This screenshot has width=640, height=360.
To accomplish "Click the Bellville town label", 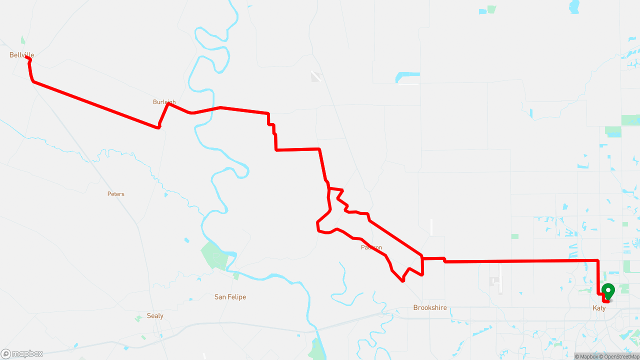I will click(21, 55).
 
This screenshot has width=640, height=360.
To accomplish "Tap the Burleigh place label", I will click(164, 102).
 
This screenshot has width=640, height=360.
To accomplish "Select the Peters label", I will click(115, 194).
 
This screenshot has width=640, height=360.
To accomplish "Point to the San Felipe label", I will click(230, 297).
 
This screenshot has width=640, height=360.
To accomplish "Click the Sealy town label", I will click(155, 316).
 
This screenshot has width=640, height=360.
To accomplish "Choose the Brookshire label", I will click(429, 308).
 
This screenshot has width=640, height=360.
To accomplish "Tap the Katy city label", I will click(599, 308).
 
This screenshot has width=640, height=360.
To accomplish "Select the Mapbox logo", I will click(22, 354).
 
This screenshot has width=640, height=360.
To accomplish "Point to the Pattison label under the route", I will click(371, 247).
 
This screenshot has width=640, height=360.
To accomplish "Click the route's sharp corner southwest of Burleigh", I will click(159, 127).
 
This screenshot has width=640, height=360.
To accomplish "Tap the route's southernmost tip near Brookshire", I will click(402, 281).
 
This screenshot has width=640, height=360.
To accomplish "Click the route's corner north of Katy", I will click(598, 260).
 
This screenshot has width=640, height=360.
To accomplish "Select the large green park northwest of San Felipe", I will click(212, 255).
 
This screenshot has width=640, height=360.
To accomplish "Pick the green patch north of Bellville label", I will click(22, 40).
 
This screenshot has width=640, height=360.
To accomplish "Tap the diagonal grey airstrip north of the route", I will click(316, 76).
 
